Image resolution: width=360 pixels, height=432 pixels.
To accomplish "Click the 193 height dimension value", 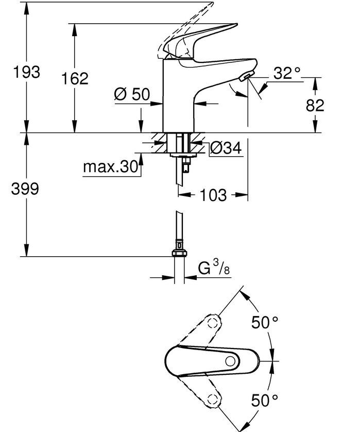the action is [x=27, y=72].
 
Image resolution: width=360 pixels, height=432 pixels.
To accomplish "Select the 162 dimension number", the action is [x=75, y=78].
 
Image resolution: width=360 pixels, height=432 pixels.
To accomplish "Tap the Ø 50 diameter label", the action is [x=132, y=94].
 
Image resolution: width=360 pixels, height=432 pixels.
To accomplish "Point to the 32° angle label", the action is [x=287, y=73].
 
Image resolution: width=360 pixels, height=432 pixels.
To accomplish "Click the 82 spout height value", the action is [x=315, y=105].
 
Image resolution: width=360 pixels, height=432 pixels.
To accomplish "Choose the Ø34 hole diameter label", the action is [x=226, y=148].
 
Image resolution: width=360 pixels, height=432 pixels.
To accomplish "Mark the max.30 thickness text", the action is [x=110, y=167].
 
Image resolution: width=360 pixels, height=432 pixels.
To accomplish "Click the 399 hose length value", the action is [x=25, y=189].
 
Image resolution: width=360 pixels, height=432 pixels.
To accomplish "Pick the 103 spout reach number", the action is [x=213, y=195].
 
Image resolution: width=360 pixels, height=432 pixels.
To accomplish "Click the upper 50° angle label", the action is [x=265, y=322].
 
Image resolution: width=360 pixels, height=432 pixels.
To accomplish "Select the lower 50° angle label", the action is [x=265, y=401].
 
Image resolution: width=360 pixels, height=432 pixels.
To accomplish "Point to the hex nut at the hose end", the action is [x=180, y=253].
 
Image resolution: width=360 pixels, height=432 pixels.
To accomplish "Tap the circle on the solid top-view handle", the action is [x=230, y=361].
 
